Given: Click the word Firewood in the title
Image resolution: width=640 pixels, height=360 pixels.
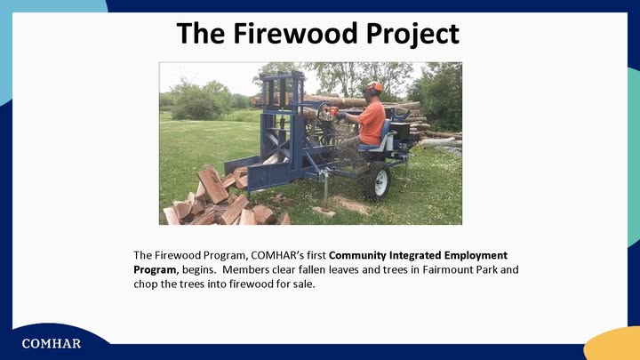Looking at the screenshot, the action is point(296,33).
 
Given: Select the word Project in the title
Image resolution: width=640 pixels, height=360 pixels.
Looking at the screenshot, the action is point(412,35).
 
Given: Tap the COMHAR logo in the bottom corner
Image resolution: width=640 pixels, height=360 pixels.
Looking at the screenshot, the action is point(52,344).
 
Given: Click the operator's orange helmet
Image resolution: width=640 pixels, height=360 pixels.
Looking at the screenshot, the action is point(374,86).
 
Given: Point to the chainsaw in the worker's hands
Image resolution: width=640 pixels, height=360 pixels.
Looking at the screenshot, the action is point(329,113).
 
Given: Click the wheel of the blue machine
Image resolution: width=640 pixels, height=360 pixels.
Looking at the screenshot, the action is point(378,181).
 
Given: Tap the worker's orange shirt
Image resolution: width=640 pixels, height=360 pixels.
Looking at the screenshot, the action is point(372,123).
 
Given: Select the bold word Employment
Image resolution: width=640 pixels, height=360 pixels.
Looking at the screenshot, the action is point(476,255).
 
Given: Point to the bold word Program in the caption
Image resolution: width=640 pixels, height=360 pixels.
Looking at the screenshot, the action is point(155,270).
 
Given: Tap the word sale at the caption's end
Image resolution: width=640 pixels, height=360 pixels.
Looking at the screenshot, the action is point(304,284).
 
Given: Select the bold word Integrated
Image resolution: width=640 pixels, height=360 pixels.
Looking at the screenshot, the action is point(415,255).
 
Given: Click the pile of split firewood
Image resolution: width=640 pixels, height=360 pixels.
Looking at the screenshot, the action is point(220,200).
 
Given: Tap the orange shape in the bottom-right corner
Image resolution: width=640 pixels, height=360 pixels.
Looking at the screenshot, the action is point(612,344).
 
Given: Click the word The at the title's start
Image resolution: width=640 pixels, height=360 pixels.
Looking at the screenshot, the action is point(201,33).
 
